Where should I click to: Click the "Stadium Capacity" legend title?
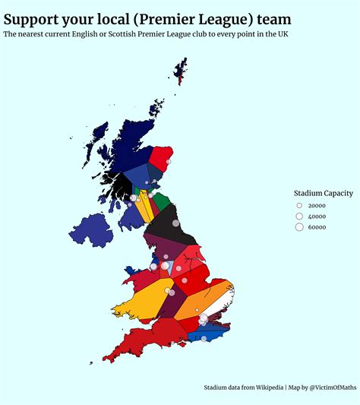tap(324, 193)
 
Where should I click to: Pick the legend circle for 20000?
tap(299, 205)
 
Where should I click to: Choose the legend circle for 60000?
tap(299, 226)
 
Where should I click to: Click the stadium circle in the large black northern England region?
tap(176, 223)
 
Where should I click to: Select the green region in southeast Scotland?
tap(161, 201)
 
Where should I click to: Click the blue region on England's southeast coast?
tap(207, 333)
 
